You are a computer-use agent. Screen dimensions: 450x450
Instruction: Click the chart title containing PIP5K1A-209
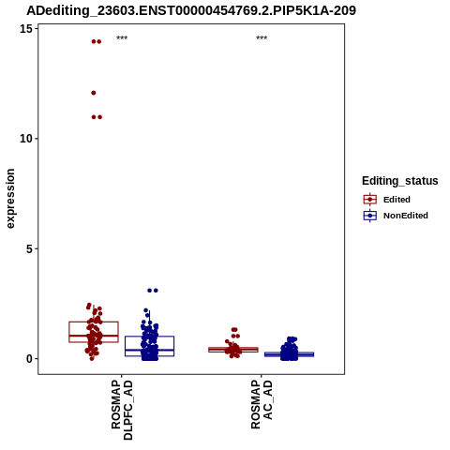191,10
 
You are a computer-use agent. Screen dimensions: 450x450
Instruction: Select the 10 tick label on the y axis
26,139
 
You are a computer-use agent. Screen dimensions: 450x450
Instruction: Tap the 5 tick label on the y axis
29,248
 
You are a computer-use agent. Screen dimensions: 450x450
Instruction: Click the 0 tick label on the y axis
29,359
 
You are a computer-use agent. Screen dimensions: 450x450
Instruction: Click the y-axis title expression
10,199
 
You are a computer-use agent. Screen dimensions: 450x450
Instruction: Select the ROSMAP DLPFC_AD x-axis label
122,410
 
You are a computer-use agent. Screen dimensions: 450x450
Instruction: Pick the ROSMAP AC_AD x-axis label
262,404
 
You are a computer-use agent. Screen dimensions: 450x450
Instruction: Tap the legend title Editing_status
400,181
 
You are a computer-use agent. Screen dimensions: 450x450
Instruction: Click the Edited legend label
397,200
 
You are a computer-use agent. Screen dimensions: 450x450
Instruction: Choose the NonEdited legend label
406,216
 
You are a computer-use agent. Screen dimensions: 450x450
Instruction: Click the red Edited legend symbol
370,200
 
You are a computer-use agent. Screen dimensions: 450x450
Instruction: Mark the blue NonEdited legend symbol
370,216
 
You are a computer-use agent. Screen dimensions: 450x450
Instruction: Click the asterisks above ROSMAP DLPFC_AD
122,38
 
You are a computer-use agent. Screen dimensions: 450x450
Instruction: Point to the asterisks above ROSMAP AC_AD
262,38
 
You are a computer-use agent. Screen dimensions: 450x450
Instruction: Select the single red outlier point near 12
94,93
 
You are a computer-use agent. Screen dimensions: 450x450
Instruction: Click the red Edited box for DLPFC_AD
94,322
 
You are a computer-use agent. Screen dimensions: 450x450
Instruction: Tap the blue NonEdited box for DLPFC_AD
149,337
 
